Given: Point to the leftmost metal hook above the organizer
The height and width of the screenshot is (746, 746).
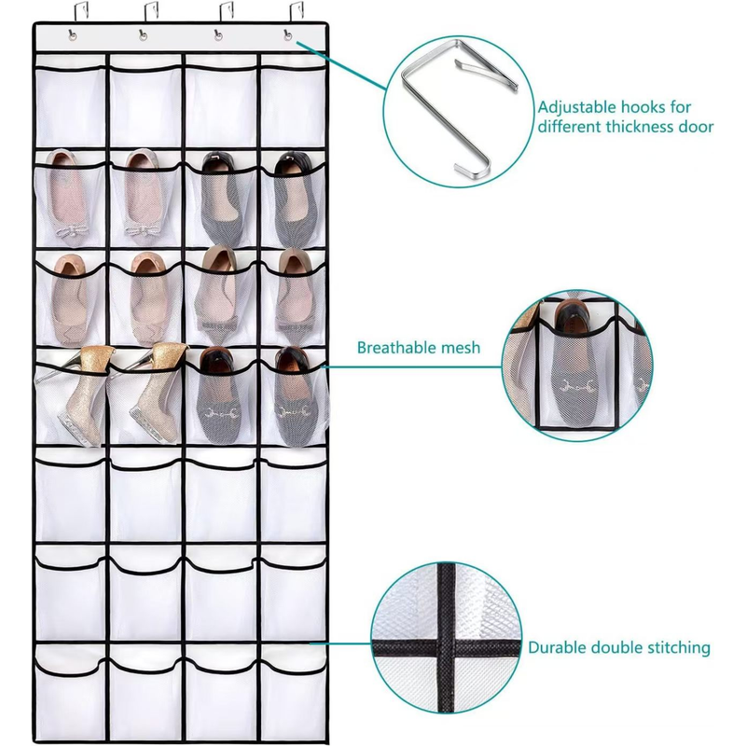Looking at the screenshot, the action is pyautogui.click(x=79, y=12).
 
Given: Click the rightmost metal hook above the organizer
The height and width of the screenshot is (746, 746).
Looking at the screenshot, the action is pyautogui.click(x=296, y=12).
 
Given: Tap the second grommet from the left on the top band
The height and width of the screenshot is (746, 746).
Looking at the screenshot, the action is pyautogui.click(x=143, y=35).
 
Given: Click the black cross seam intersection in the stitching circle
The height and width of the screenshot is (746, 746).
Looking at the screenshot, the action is pyautogui.click(x=446, y=648).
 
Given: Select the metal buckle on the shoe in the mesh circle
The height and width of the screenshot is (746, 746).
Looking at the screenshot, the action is pyautogui.click(x=577, y=386).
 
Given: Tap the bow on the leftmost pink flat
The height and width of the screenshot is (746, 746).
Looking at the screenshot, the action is pyautogui.click(x=72, y=230).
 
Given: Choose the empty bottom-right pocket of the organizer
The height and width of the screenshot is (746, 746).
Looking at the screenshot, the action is pyautogui.click(x=293, y=692).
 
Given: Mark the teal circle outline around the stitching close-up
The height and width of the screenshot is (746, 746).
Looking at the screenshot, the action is pyautogui.click(x=371, y=648).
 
